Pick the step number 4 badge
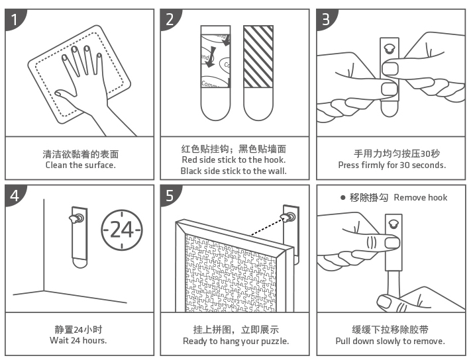click(15, 195)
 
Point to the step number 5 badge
click(170, 195)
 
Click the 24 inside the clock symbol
click(121, 229)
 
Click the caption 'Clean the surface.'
click(79, 165)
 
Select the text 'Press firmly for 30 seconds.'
click(392, 165)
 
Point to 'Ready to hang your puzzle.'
click(236, 341)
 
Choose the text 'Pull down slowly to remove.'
click(390, 341)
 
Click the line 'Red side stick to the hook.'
click(234, 160)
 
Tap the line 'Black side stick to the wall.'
click(234, 171)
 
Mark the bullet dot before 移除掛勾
click(342, 197)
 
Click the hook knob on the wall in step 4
click(78, 218)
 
